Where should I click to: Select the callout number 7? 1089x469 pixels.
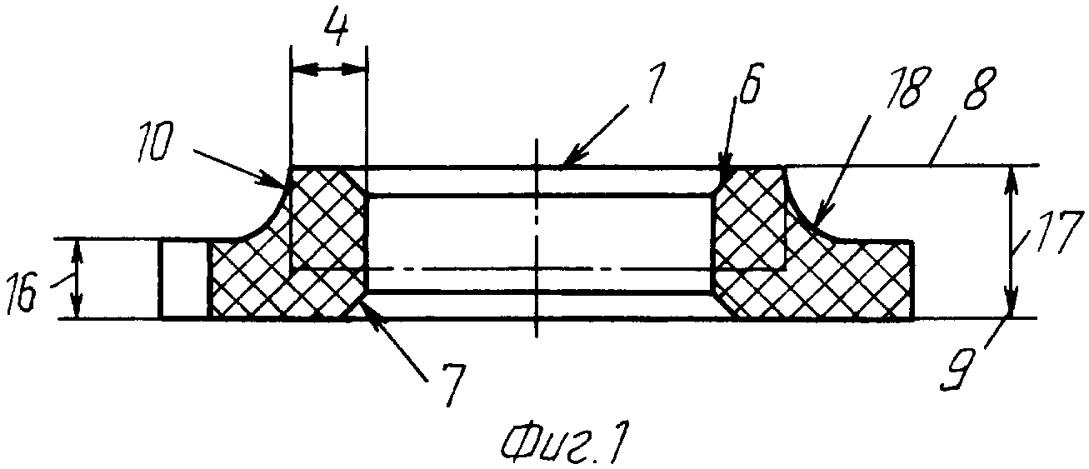coord(451,384)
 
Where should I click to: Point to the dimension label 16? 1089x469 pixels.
coord(22,293)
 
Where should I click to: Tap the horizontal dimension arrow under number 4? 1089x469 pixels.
coord(327,69)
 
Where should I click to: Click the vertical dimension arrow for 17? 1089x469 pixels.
coord(1012,242)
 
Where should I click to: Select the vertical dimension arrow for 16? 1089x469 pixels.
coord(76,278)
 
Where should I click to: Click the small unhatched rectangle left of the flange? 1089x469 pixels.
coord(184,278)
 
